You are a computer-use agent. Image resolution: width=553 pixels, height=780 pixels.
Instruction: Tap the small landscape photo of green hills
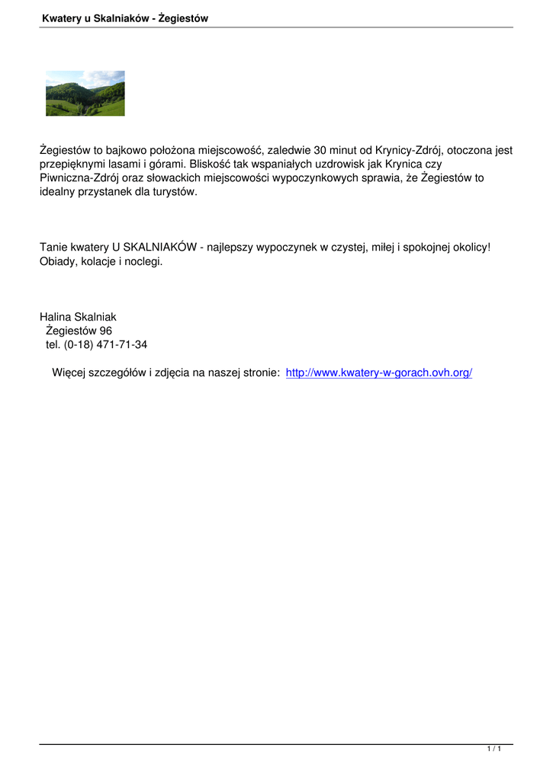click(85, 93)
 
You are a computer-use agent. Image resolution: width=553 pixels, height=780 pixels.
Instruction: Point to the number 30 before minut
click(320, 151)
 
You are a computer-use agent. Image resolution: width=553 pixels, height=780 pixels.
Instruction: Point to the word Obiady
click(57, 261)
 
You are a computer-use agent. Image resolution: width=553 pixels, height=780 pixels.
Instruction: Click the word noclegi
click(144, 261)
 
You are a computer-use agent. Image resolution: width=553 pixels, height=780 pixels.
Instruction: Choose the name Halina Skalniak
click(78, 317)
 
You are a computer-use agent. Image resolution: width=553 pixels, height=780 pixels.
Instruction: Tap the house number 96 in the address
click(105, 331)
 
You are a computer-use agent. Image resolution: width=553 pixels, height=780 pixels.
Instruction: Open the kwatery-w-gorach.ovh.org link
click(379, 372)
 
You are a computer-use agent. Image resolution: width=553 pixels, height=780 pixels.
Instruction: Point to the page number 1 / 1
click(494, 750)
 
